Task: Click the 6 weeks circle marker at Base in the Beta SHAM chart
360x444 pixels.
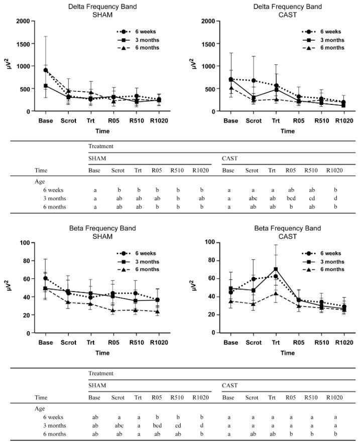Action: [x=46, y=278]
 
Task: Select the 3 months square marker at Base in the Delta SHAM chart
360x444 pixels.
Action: [x=46, y=86]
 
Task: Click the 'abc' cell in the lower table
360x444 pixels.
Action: [x=118, y=425]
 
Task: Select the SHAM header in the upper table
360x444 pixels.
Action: [x=97, y=159]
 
